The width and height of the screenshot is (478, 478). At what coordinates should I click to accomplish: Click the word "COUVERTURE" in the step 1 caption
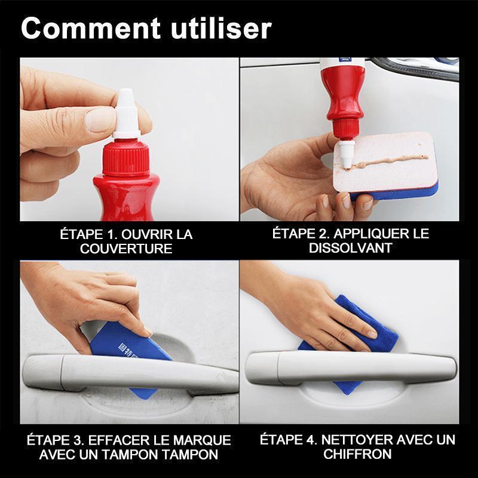[x=126, y=249]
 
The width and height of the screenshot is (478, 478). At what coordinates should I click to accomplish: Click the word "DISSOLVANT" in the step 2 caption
[x=351, y=248]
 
